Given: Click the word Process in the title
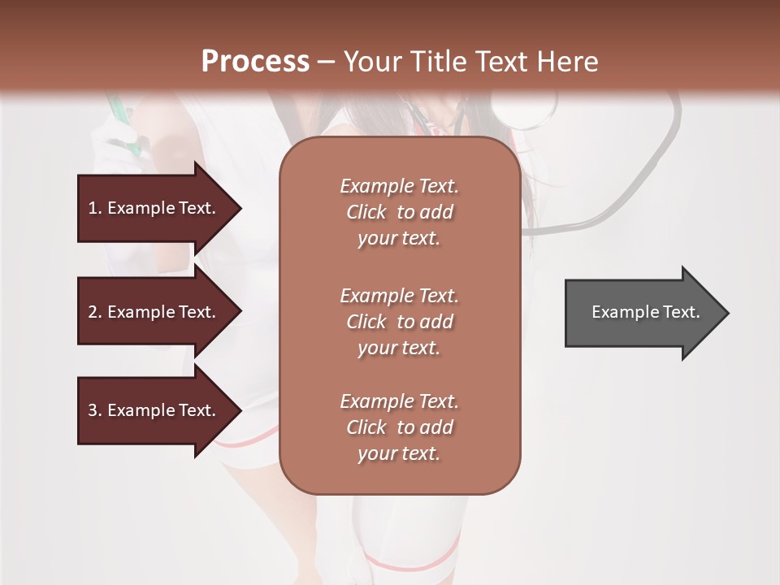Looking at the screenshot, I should pos(255,62).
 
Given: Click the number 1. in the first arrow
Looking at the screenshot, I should pos(95,208).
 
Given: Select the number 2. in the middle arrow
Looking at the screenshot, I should pos(95,312).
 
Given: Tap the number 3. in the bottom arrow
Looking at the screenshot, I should pos(95,410).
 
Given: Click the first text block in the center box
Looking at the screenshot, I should pos(399,212).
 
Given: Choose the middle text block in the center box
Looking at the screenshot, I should pos(399,322).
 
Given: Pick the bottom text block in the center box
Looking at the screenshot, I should pos(399,427).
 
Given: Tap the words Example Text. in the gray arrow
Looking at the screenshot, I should pos(645,312).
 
